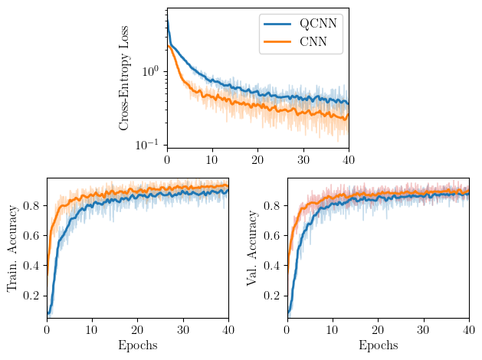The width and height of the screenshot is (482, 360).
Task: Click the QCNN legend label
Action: (x=319, y=24)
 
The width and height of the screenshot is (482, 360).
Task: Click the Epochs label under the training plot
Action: (x=138, y=345)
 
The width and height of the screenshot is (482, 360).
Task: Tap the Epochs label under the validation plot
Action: (x=378, y=345)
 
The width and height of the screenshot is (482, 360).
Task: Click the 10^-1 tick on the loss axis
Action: (x=149, y=146)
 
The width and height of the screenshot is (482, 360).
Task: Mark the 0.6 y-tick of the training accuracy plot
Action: (x=31, y=236)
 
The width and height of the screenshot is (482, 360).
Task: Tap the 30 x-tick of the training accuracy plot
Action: (x=183, y=330)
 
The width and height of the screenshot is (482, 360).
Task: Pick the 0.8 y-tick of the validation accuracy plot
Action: (x=271, y=206)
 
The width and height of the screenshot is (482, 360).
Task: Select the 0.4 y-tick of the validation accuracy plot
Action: (x=271, y=266)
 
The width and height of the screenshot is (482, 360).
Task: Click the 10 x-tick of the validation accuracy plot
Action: (x=333, y=330)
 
